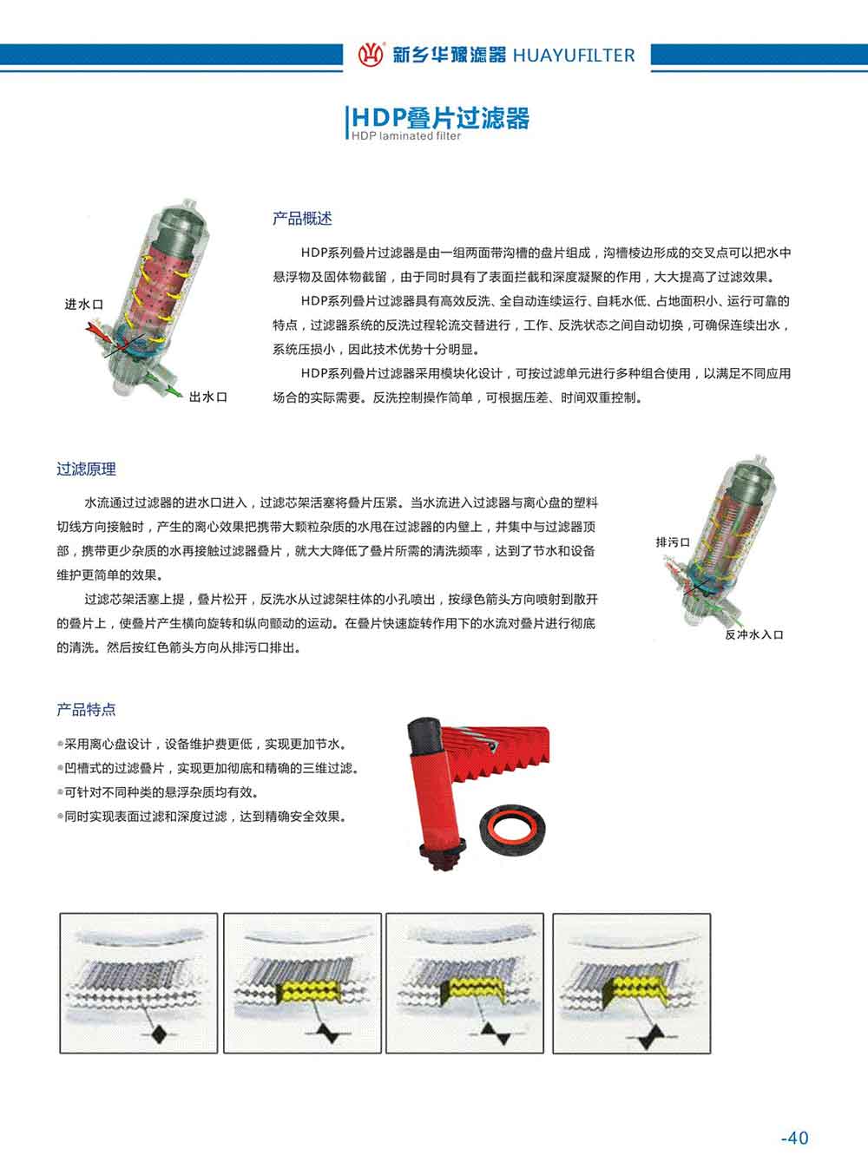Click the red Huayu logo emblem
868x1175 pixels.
(x=371, y=55)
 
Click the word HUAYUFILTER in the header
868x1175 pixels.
(x=574, y=56)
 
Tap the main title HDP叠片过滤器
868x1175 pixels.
(x=440, y=118)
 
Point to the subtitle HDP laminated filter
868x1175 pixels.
(x=406, y=135)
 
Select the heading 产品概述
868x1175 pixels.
(x=302, y=219)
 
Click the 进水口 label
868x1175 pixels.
(x=83, y=304)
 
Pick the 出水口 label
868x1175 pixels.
(x=208, y=397)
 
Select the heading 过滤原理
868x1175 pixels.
(x=87, y=469)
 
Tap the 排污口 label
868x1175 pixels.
(x=673, y=542)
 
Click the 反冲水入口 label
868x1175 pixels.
(x=754, y=634)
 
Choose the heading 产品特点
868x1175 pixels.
(x=87, y=709)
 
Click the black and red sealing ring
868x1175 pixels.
(x=513, y=830)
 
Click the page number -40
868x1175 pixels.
(x=795, y=1139)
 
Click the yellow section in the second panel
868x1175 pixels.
(x=306, y=992)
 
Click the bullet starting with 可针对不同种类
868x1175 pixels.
(x=158, y=792)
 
